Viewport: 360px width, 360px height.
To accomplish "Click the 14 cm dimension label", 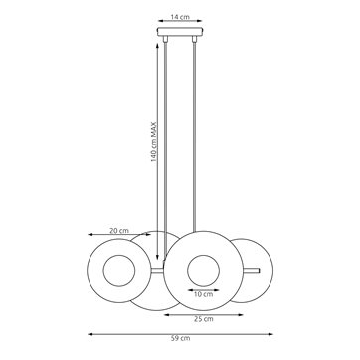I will coord(180,17).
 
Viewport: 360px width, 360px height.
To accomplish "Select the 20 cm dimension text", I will coord(118,229).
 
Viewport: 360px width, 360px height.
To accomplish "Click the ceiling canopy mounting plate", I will coord(180,36).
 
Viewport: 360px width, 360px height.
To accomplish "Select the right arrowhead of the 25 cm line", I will coord(244,310).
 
